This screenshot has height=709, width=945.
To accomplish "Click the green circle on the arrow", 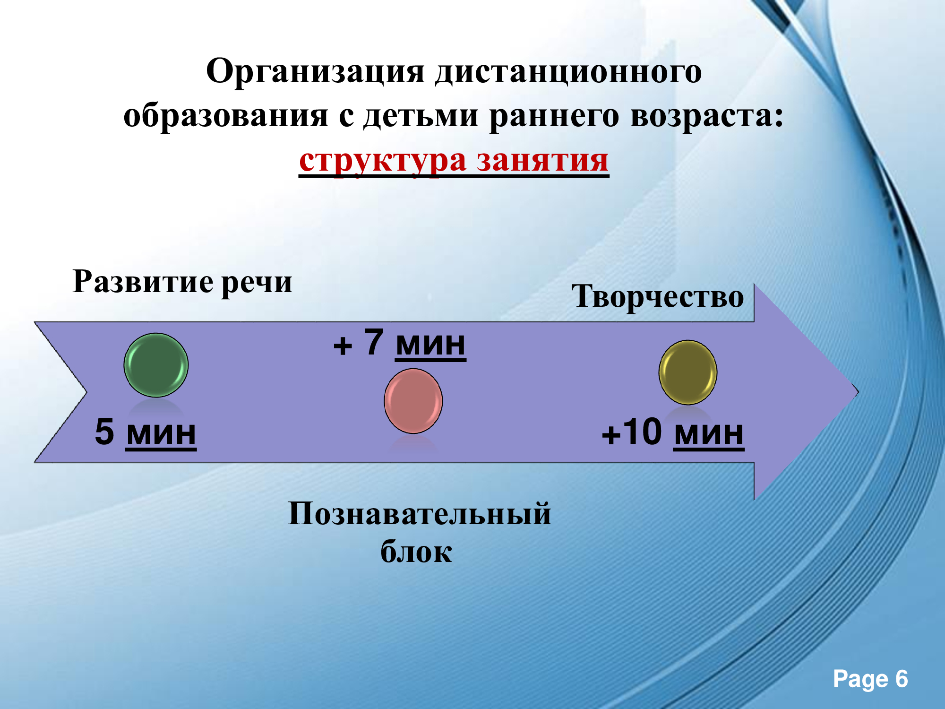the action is click(x=156, y=365).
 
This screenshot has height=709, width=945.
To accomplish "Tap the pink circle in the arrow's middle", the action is click(x=413, y=401).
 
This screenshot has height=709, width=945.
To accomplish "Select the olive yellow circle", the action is click(x=688, y=372).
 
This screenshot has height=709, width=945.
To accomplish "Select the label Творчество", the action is click(x=658, y=297).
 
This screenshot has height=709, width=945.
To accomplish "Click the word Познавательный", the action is click(x=420, y=514).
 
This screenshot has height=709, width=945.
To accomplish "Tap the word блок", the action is click(x=416, y=551).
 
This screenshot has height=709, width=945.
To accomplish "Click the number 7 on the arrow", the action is click(x=373, y=341).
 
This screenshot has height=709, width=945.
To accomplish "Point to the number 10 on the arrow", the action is click(x=641, y=431).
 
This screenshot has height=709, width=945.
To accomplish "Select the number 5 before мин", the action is click(x=104, y=431).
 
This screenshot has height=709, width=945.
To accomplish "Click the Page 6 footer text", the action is click(x=870, y=680).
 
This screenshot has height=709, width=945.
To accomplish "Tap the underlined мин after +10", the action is click(x=709, y=433).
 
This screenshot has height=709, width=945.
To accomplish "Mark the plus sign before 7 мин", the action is click(x=343, y=346).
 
